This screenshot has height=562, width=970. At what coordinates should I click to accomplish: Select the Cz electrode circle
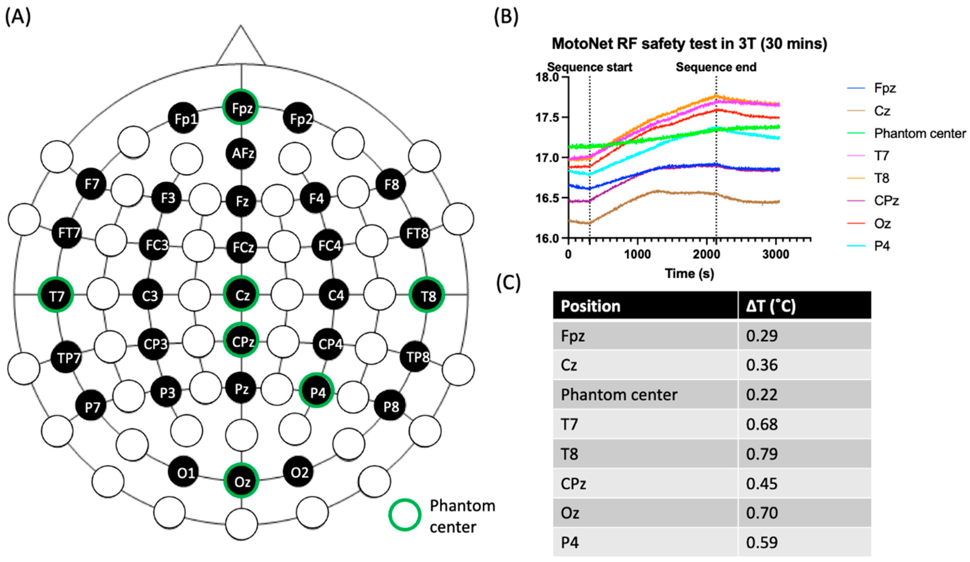pyautogui.click(x=241, y=295)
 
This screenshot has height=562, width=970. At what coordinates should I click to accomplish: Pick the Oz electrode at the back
pyautogui.click(x=241, y=481)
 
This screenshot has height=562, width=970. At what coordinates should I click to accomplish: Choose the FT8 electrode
pyautogui.click(x=415, y=233)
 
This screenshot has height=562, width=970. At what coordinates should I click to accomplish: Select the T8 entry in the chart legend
pyautogui.click(x=881, y=178)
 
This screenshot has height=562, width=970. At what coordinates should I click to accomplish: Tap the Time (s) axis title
pyautogui.click(x=689, y=274)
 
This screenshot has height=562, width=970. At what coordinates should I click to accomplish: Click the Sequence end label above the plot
pyautogui.click(x=716, y=67)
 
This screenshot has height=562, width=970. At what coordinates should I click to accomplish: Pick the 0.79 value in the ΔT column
pyautogui.click(x=762, y=454)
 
